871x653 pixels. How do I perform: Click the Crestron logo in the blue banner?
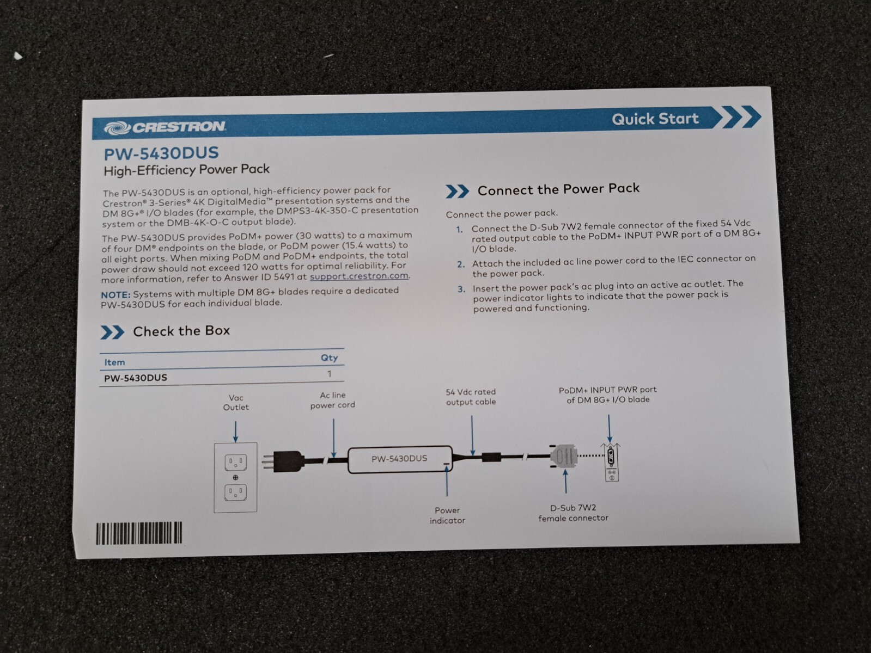click(165, 127)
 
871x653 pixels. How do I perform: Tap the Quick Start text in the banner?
click(655, 119)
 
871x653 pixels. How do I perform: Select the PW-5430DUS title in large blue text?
click(161, 153)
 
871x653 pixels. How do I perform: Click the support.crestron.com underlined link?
click(359, 276)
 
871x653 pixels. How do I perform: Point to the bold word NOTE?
click(115, 295)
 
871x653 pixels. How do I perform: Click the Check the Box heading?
click(181, 331)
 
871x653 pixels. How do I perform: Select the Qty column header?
click(329, 358)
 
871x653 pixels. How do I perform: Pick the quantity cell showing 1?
click(330, 374)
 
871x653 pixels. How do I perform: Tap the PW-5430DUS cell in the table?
click(135, 378)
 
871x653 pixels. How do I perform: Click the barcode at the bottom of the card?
click(139, 533)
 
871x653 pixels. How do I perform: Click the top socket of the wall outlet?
click(236, 462)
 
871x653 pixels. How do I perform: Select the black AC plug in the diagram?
click(284, 461)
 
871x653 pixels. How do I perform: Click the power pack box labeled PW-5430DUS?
click(400, 459)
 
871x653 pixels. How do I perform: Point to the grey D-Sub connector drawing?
click(563, 456)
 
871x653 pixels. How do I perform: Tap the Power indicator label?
click(447, 515)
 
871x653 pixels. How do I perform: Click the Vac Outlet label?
click(236, 403)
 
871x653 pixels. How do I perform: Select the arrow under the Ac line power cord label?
click(334, 438)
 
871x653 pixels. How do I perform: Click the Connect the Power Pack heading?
click(558, 189)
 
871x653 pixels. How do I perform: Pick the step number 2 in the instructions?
click(460, 264)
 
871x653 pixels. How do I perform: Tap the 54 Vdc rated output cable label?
click(471, 397)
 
